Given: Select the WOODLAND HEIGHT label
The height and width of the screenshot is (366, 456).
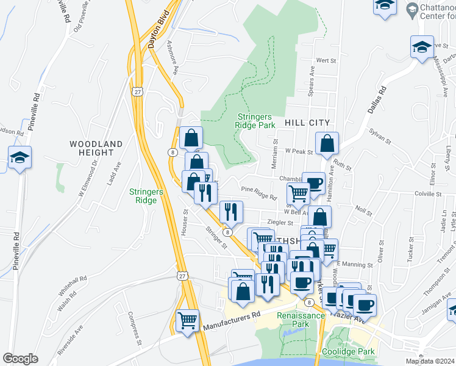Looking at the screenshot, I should (x=96, y=148).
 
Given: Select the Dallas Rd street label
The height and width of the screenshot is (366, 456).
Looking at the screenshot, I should (x=377, y=99).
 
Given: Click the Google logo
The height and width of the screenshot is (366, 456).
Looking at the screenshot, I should (x=20, y=359).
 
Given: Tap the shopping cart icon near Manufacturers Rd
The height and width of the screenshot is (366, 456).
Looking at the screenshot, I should (x=188, y=320).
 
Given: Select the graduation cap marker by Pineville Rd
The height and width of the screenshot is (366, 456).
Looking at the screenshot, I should (x=20, y=159).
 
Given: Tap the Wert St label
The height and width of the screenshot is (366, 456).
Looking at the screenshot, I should (x=327, y=60).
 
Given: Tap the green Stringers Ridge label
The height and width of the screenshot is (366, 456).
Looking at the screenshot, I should (x=146, y=196).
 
